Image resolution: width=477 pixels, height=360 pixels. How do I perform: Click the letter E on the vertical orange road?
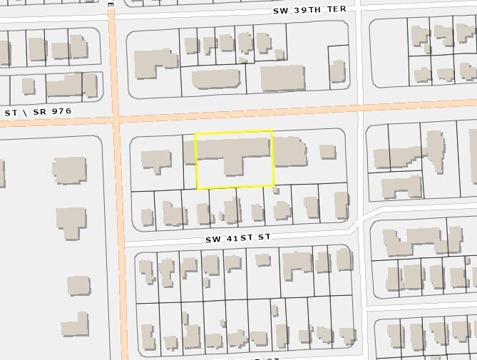111,4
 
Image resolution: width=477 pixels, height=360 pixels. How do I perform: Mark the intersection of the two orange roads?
116,117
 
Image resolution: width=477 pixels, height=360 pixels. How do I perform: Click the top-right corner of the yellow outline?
272,130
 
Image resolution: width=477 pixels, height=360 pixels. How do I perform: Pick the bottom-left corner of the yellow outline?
197,189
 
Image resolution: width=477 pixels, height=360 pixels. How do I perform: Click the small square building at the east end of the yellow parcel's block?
327,151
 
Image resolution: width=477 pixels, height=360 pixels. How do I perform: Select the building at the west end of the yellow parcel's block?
155,159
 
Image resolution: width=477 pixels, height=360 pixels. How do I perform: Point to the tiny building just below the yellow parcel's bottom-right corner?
276,190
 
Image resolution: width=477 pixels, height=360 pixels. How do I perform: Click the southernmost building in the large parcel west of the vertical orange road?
75,325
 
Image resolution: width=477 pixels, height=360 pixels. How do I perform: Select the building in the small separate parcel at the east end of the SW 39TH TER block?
338,71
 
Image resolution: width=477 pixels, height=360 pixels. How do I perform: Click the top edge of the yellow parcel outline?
234,132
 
